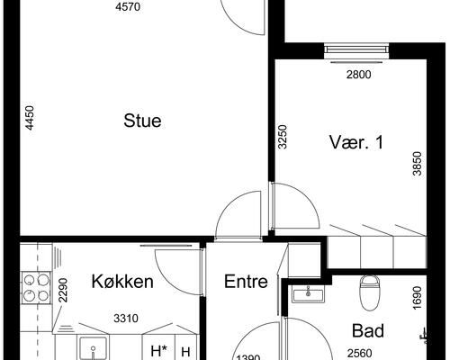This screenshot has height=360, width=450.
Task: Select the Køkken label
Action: [122, 282]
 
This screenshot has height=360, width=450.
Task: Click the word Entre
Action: [246, 282]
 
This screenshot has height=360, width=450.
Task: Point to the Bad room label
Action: [367, 330]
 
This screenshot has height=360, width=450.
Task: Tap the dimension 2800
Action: [358, 75]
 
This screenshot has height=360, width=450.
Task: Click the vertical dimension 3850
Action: [417, 164]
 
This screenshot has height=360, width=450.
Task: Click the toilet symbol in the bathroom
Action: [369, 291]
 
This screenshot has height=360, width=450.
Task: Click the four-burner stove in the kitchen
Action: [36, 285]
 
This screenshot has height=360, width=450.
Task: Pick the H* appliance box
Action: [158, 351]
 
